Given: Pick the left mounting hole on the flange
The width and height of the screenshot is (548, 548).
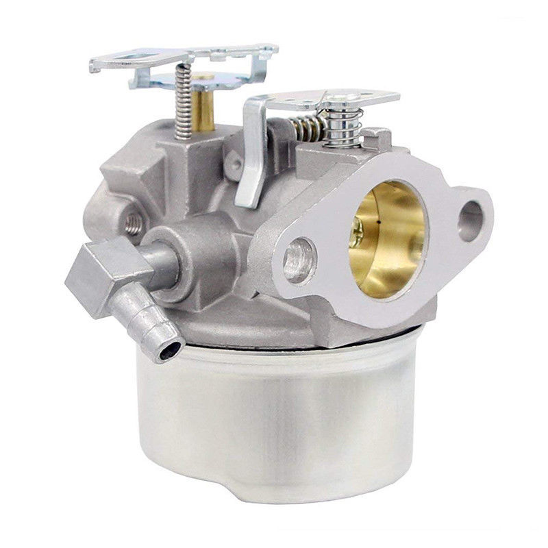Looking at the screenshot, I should (x=300, y=260).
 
